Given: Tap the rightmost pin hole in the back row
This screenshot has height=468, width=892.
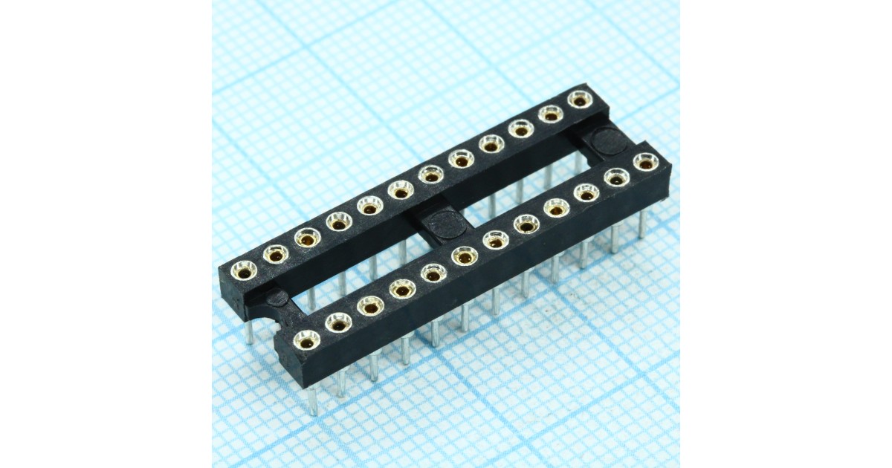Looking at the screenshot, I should click(x=579, y=99).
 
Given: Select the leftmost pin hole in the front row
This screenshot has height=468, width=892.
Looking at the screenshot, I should click(x=306, y=340).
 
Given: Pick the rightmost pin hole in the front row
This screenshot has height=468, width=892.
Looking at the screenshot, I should click(x=645, y=162).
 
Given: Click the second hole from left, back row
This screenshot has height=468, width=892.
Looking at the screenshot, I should click(x=276, y=255).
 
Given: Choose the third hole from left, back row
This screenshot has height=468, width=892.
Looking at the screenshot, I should click(x=307, y=238).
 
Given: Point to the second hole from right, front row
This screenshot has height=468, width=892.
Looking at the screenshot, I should click(x=615, y=178).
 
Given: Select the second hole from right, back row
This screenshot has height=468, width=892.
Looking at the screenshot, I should click(x=550, y=114).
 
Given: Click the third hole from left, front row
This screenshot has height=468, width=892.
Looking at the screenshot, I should click(x=370, y=305).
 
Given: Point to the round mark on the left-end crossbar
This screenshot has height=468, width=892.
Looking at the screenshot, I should click(x=277, y=299).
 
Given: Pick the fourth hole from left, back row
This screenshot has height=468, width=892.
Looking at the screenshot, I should click(x=339, y=221).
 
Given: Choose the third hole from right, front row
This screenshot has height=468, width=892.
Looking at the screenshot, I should click(x=586, y=193).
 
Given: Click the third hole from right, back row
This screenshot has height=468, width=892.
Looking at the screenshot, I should click(x=520, y=129).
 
